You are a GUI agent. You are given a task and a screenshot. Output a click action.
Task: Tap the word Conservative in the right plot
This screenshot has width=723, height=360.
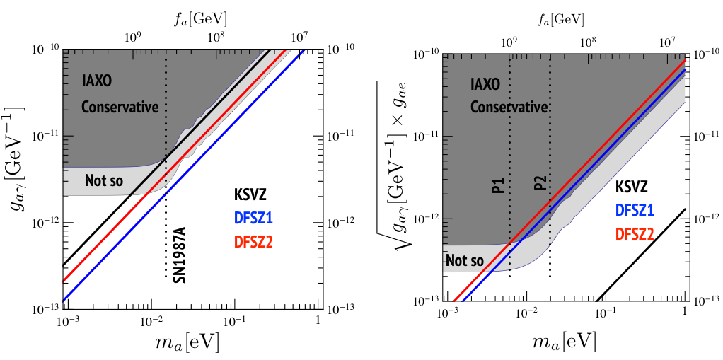(x=510, y=107)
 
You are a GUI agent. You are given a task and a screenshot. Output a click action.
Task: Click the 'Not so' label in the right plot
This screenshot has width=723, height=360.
(x=465, y=261)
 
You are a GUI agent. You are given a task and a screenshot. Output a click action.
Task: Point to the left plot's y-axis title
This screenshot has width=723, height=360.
(x=20, y=157)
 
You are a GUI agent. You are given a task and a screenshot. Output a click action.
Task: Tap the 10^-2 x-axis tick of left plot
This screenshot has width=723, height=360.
(x=151, y=320)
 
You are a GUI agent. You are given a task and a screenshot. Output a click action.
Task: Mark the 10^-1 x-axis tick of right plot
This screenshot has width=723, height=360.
(x=605, y=310)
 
